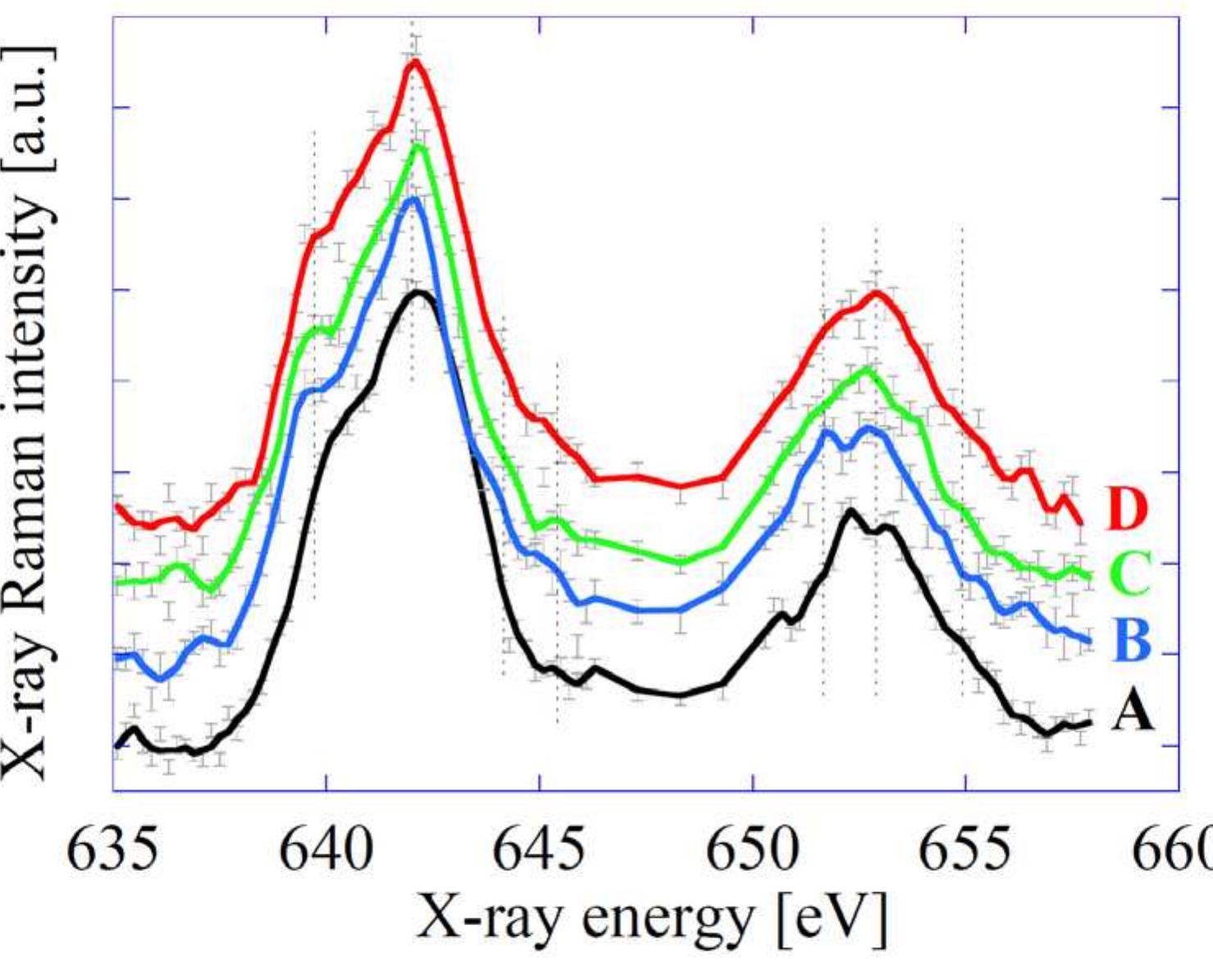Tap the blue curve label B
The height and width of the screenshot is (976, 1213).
click(x=1133, y=640)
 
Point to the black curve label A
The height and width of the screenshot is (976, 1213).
click(x=1133, y=711)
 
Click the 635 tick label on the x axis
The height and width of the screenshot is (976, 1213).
click(x=112, y=850)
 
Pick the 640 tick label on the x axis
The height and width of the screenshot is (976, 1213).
click(x=326, y=850)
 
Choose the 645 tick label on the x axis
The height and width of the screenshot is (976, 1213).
click(x=539, y=850)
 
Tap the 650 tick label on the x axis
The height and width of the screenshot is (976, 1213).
click(x=753, y=850)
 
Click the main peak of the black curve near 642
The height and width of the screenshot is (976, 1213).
click(x=420, y=291)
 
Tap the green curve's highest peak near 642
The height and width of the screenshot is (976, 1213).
click(x=420, y=146)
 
